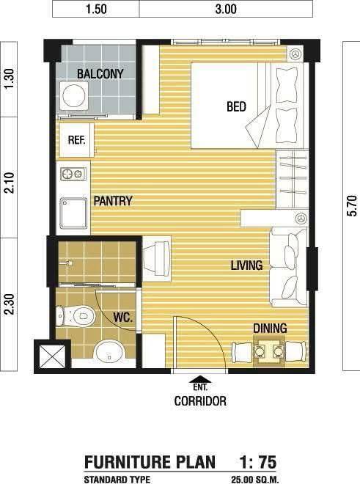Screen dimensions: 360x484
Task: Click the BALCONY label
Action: [x=100, y=74]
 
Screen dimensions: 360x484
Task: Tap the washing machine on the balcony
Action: [x=74, y=95]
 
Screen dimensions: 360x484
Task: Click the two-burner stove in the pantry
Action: [x=73, y=175]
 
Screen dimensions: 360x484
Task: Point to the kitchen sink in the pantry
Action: [x=74, y=213]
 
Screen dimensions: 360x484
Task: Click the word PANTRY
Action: [x=113, y=201]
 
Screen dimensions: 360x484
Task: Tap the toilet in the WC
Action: [x=76, y=316]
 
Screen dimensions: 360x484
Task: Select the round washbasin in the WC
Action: [x=109, y=352]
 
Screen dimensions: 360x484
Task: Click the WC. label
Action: [x=123, y=318]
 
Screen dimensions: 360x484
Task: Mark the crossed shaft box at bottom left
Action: [x=53, y=356]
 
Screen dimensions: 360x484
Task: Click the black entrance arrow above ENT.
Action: [x=201, y=379]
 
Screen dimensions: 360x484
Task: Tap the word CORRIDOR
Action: [x=200, y=401]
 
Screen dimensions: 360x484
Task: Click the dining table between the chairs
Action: [x=269, y=351]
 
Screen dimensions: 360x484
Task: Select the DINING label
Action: [x=270, y=328]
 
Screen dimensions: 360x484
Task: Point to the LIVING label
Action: [x=246, y=265]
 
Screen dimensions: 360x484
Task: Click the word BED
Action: [x=236, y=107]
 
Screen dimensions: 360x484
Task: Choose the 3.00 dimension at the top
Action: [x=226, y=9]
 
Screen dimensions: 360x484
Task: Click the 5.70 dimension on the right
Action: [x=353, y=205]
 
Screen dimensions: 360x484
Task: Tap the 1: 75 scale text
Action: [x=258, y=462]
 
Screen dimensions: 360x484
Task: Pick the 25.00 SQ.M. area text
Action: [x=255, y=480]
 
